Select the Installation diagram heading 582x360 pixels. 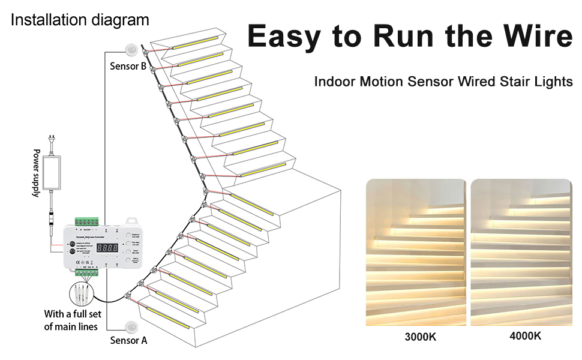click(80, 20)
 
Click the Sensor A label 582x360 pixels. click(128, 340)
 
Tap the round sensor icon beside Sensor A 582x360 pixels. click(130, 326)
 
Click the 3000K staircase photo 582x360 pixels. click(415, 252)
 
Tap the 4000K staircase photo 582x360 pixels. click(520, 252)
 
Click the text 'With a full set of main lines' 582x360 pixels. click(71, 320)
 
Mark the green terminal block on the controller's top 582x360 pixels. click(86, 220)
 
